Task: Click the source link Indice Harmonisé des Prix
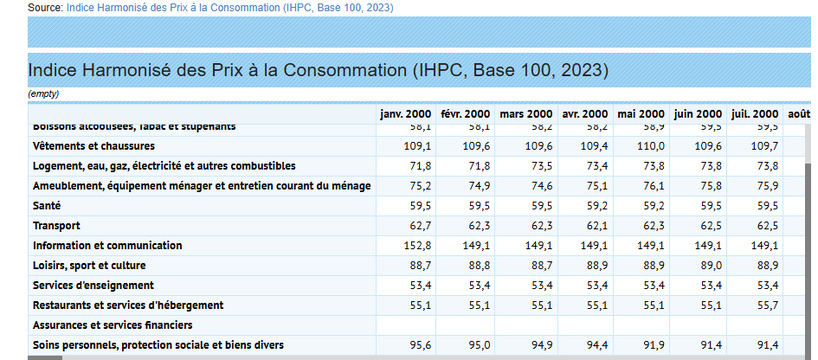pos(230,7)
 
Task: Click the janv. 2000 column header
pos(406,114)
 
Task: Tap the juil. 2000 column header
pos(754,114)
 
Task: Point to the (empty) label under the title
pos(44,94)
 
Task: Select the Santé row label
pos(48,205)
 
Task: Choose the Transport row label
pos(56,225)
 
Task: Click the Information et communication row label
pos(107,245)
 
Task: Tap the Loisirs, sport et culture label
pos(89,265)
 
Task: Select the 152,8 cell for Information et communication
pos(416,245)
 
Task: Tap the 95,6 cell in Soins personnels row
pos(418,345)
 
